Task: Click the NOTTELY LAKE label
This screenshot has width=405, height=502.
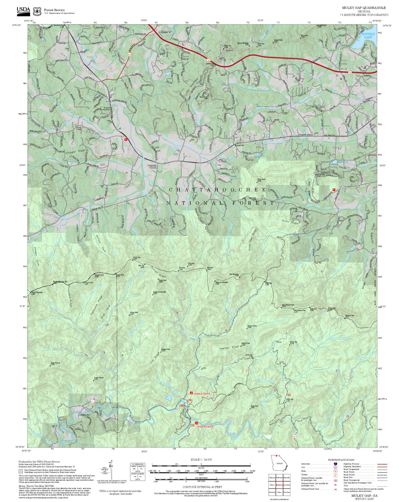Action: [368, 36]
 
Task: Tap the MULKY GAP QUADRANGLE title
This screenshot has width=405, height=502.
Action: [364, 8]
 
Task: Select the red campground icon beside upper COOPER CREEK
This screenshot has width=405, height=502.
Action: [191, 393]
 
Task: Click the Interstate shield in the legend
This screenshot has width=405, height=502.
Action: [336, 464]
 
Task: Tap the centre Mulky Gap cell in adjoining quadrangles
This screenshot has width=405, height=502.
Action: [279, 484]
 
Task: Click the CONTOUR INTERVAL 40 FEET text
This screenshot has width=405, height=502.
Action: [202, 487]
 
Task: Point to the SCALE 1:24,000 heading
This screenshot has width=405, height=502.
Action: [201, 459]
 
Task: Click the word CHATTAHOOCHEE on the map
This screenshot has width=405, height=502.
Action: [218, 190]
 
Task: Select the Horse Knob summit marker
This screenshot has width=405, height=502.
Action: [249, 408]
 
